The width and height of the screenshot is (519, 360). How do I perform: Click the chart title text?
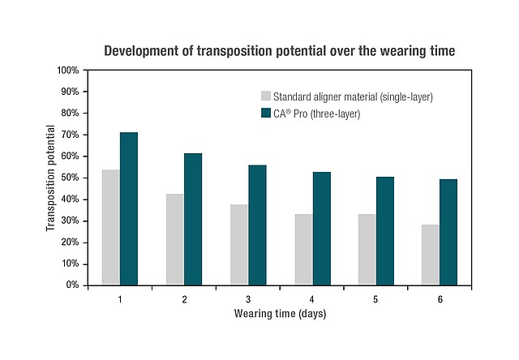tap(279, 51)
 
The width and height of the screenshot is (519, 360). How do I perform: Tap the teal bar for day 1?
tap(129, 208)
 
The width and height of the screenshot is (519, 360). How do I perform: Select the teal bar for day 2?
tap(193, 219)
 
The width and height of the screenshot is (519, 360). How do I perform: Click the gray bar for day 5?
tap(367, 249)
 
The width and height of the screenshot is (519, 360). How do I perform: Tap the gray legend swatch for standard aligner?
tap(264, 96)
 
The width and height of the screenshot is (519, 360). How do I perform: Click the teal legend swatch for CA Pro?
tap(264, 114)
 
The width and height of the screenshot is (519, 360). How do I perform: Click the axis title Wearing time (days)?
tap(280, 314)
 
